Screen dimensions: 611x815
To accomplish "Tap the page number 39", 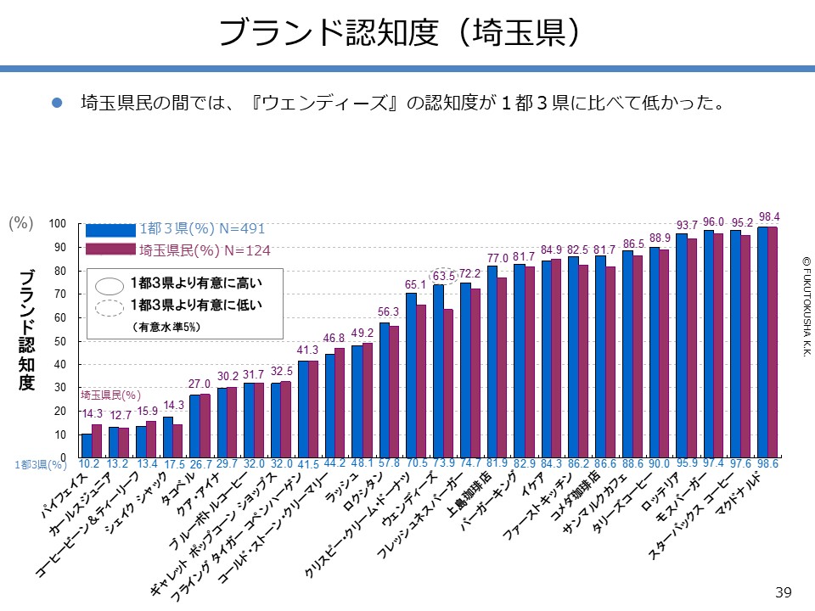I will (x=783, y=591).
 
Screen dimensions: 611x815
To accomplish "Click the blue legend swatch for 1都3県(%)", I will (x=110, y=229).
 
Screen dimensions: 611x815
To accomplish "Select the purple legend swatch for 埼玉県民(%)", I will (x=110, y=249).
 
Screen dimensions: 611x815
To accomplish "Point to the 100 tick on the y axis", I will (x=57, y=224).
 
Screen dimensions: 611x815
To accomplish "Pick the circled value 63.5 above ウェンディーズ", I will (x=444, y=276).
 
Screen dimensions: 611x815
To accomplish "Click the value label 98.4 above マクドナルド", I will (x=770, y=216).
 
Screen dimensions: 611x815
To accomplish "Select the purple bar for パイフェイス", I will (x=97, y=441).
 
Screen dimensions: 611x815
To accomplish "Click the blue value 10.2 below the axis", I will (x=89, y=465).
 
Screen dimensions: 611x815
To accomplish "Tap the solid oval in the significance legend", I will (x=110, y=285).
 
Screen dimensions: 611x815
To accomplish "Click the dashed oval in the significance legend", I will (x=110, y=307).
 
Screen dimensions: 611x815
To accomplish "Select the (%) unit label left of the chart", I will (x=21, y=223).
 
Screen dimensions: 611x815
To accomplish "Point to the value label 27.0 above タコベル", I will (x=199, y=384).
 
